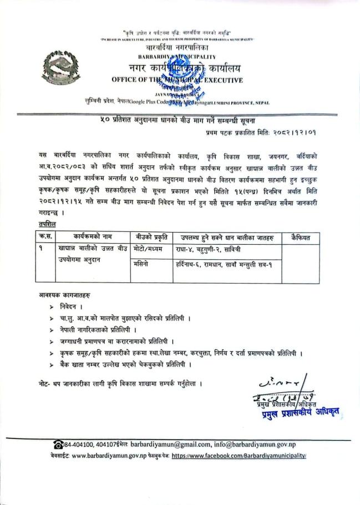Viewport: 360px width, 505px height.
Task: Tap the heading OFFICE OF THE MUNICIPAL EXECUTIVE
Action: [177, 80]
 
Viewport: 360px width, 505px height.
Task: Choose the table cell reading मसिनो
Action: [143, 265]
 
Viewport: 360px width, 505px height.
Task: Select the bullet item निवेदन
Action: [73, 306]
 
